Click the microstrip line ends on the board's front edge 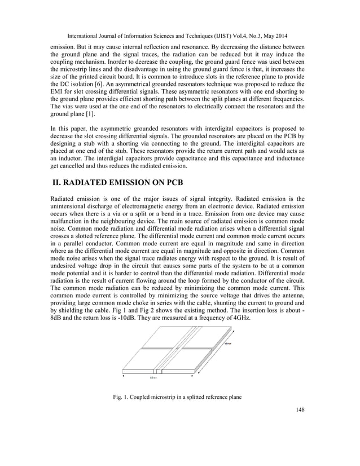[159, 371]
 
